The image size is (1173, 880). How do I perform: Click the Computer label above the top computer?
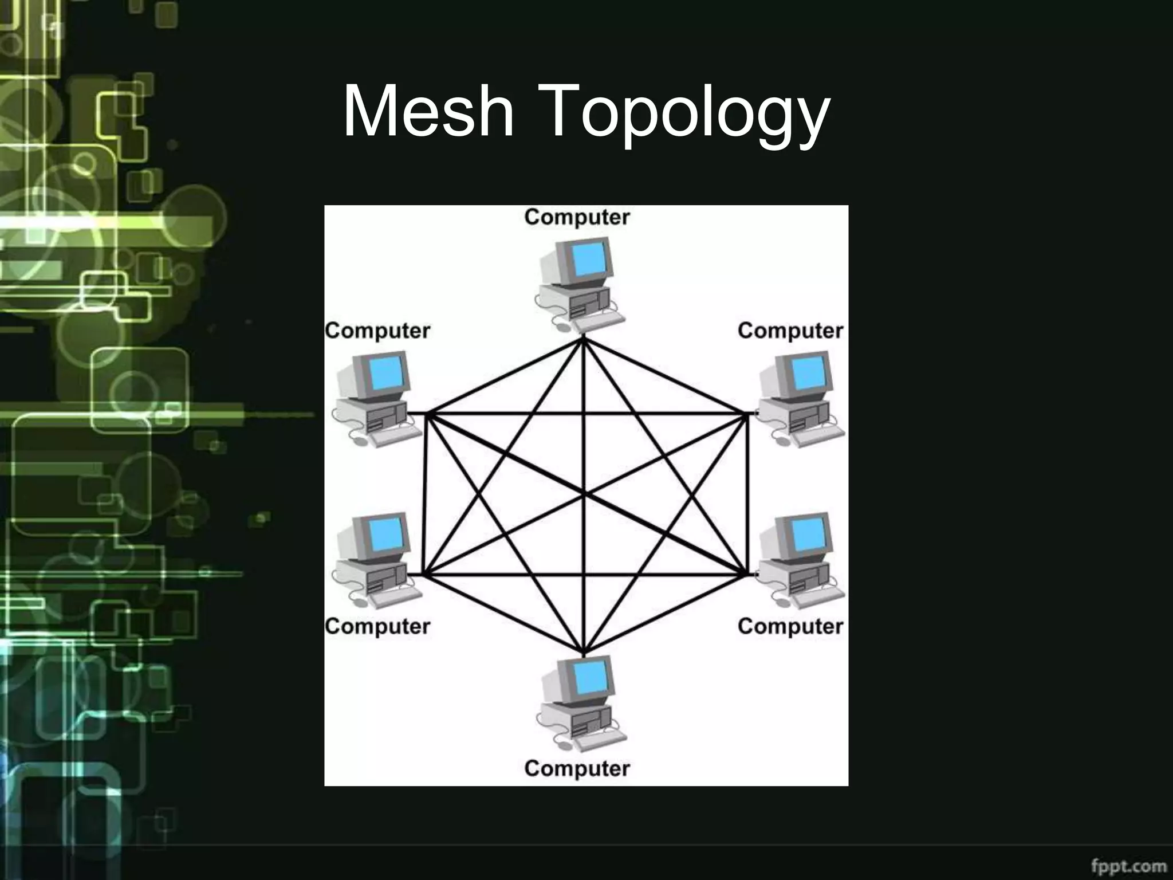577,217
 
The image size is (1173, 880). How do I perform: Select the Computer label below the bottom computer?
577,768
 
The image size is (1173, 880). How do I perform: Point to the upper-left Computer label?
377,331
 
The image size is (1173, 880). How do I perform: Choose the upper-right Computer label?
790,331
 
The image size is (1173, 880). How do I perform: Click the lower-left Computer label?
377,626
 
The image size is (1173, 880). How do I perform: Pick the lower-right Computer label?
790,626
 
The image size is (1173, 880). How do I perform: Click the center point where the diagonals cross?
584,494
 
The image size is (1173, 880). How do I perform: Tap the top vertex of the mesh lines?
583,339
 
